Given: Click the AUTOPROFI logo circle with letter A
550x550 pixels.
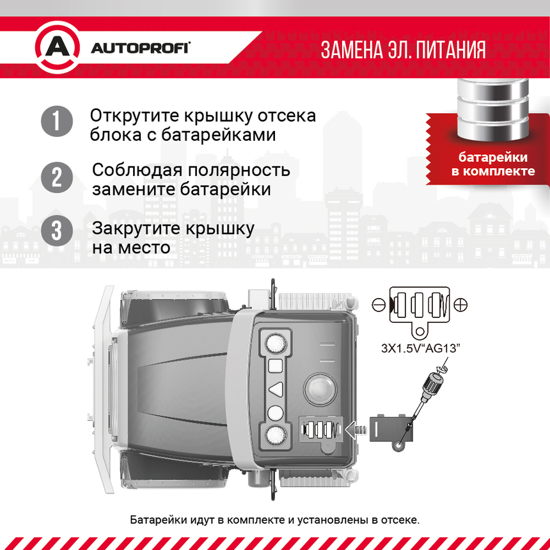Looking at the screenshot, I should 57,48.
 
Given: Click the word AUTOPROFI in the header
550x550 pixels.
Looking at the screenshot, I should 140,49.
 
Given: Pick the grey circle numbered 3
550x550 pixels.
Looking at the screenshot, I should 57,231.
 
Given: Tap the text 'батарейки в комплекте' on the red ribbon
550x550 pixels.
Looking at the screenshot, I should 493,164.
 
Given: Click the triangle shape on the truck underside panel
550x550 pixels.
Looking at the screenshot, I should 275,389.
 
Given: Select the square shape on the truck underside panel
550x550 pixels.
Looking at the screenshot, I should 275,366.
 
